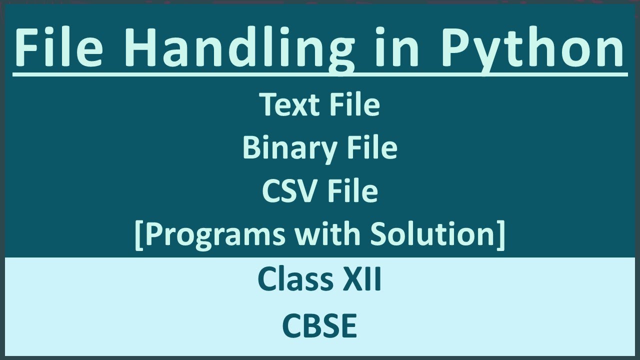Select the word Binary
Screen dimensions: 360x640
click(x=282, y=148)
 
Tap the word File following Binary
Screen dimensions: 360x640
click(x=372, y=148)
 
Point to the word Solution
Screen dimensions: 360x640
click(x=431, y=234)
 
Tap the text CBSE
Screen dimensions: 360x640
click(x=319, y=326)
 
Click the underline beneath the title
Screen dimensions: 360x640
click(x=320, y=74)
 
